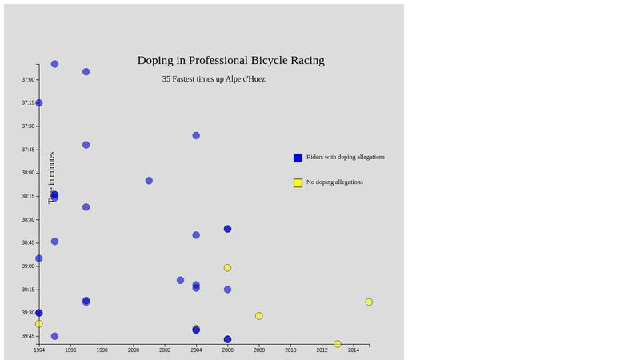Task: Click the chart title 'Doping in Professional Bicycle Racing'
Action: click(x=230, y=60)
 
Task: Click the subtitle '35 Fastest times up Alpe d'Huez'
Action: click(x=214, y=79)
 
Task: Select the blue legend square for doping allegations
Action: click(x=298, y=158)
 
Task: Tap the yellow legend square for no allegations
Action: click(x=298, y=182)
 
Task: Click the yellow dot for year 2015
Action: click(x=369, y=302)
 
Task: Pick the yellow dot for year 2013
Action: click(x=338, y=344)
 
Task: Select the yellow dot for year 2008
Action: click(x=259, y=316)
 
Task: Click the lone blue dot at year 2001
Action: click(x=149, y=181)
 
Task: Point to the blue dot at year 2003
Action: click(x=180, y=280)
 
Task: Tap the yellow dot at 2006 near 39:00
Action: click(x=227, y=268)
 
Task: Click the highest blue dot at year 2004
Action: click(x=196, y=136)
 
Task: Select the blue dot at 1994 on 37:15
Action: click(x=38, y=103)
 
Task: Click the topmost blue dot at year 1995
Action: click(x=54, y=64)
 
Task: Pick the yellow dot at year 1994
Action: click(x=38, y=324)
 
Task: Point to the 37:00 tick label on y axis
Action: click(x=28, y=80)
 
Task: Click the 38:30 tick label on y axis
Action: click(x=28, y=220)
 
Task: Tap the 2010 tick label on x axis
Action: click(x=290, y=350)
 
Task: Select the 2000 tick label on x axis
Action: click(x=134, y=350)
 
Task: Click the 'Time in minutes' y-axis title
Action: click(x=52, y=178)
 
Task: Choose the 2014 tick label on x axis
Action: click(x=353, y=350)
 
